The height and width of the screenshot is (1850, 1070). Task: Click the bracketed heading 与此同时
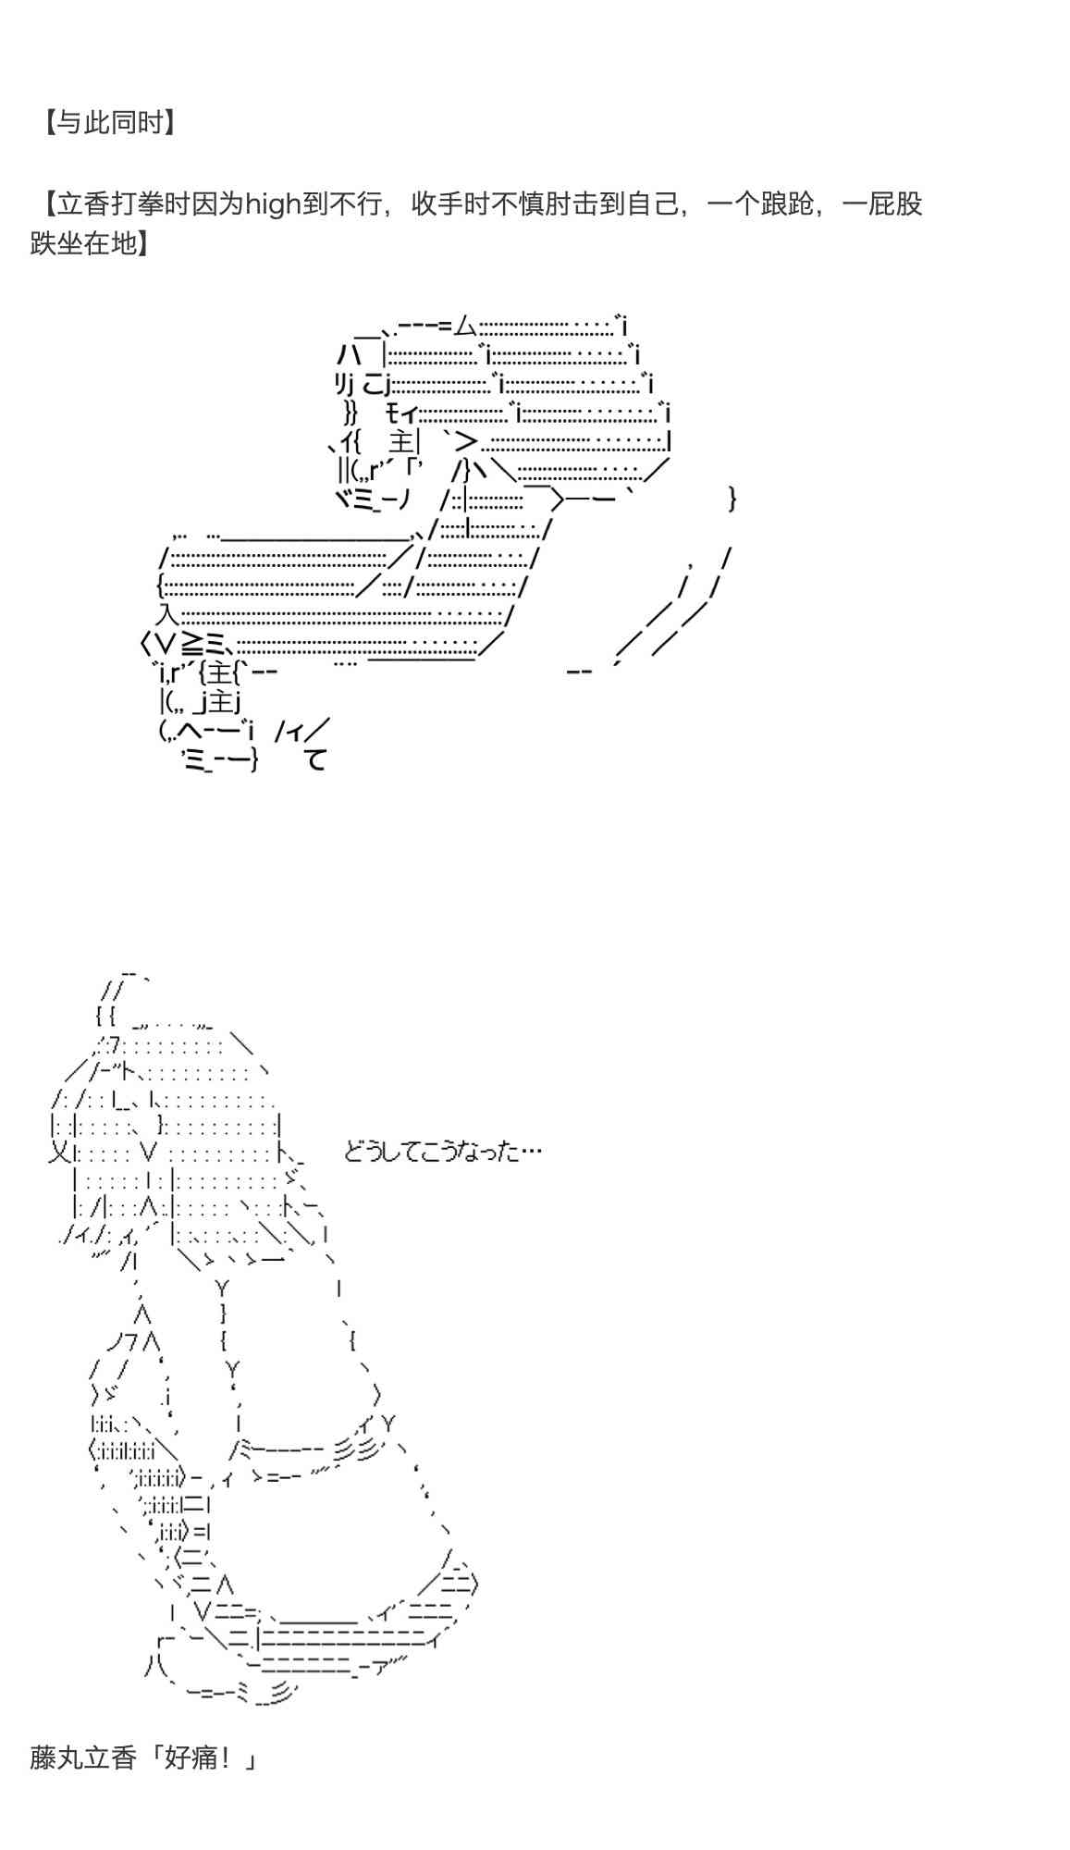[x=109, y=122]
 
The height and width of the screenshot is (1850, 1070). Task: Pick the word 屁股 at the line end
[x=896, y=204]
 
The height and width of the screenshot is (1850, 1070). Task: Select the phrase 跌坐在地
[x=83, y=244]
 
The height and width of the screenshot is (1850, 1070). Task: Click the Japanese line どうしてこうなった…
[x=442, y=1152]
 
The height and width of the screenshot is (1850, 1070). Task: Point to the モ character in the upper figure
[x=395, y=413]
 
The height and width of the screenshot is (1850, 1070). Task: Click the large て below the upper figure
[x=316, y=760]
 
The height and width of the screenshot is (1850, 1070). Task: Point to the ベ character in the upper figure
[x=344, y=499]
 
